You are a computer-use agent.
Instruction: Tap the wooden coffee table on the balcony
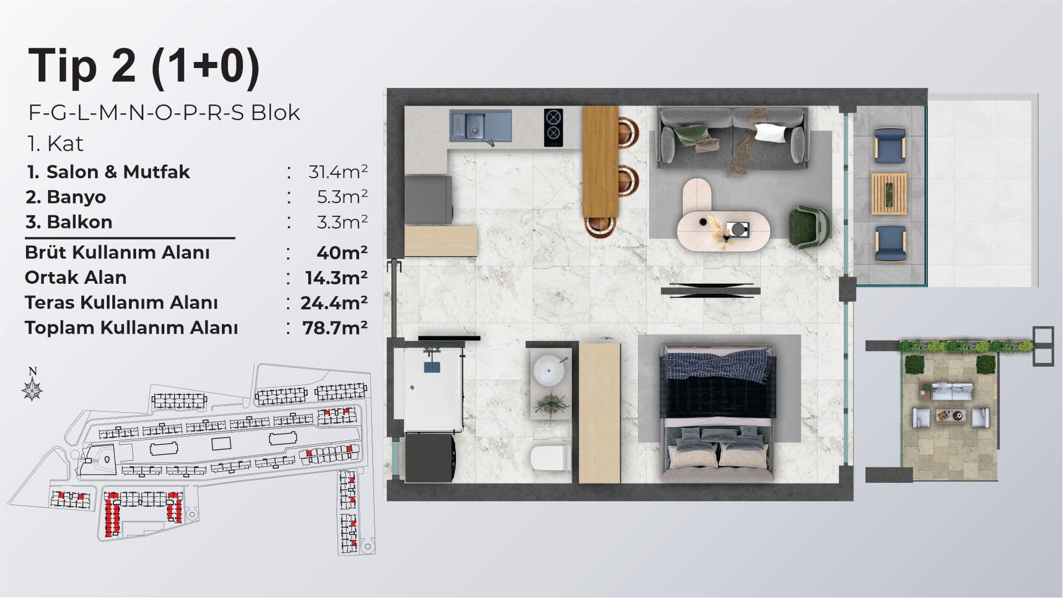pos(889,193)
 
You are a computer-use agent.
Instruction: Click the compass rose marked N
pos(33,387)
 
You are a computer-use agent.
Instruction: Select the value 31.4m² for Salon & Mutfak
pos(338,172)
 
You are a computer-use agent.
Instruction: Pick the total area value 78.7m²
pos(335,328)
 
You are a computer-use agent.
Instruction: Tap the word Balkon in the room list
pos(80,222)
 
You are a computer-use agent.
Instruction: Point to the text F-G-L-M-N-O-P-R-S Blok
pos(164,113)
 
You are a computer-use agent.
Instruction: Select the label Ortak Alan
pos(76,277)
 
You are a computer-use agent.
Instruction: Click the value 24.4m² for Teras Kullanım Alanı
pos(334,303)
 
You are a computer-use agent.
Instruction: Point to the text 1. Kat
pos(55,144)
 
